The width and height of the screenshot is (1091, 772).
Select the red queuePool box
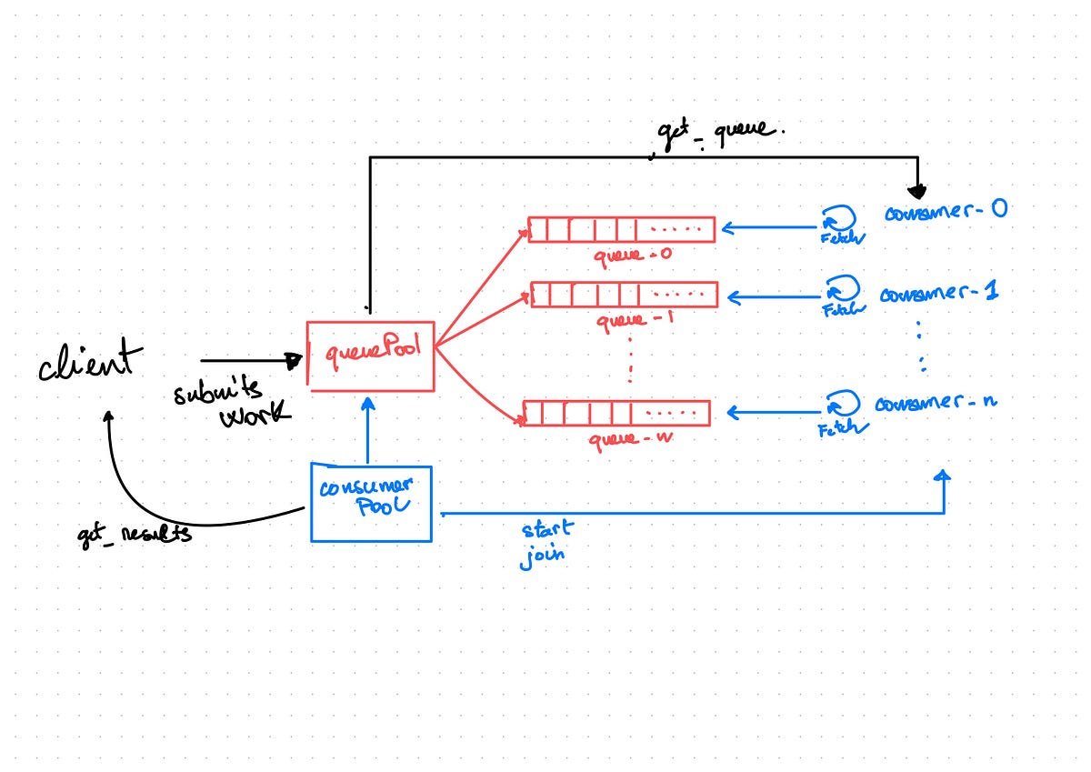pyautogui.click(x=370, y=356)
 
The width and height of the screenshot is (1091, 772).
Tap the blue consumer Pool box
pyautogui.click(x=370, y=503)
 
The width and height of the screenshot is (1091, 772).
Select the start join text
pyautogui.click(x=545, y=543)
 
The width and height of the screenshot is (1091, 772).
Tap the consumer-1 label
pyautogui.click(x=939, y=295)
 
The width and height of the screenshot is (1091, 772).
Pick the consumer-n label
pyautogui.click(x=936, y=402)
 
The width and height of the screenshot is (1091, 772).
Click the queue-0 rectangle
pyautogui.click(x=622, y=229)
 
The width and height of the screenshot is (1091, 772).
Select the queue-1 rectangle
pyautogui.click(x=624, y=295)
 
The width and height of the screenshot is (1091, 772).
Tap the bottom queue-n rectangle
pyautogui.click(x=616, y=413)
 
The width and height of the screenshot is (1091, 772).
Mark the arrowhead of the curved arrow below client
pyautogui.click(x=108, y=416)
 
